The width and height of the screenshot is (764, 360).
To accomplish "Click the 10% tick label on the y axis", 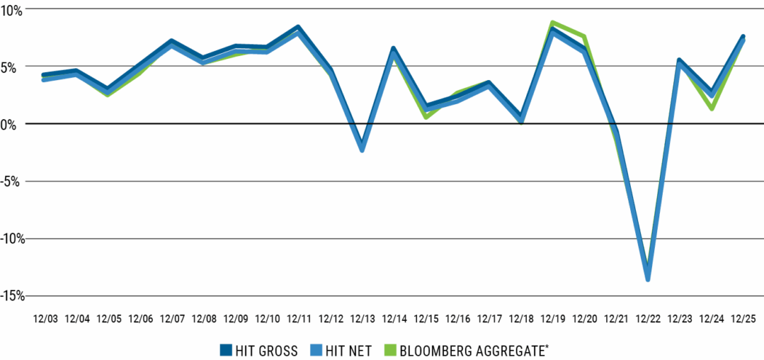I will tap(13, 9).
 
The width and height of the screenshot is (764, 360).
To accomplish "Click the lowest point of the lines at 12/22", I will tap(648, 279).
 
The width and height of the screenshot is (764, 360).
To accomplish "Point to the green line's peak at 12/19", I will tap(553, 23).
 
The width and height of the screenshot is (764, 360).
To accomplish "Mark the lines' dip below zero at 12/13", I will tap(362, 149).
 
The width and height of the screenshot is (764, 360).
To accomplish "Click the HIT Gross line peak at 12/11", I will tap(298, 28).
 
